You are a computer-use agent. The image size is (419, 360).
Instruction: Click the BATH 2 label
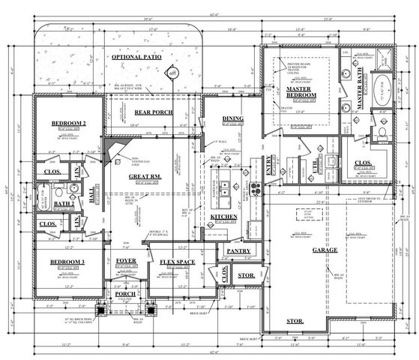click(63, 202)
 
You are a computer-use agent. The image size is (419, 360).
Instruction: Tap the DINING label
click(233, 119)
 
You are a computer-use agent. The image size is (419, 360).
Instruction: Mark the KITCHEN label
click(224, 217)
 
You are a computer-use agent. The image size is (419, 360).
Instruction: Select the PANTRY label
click(238, 250)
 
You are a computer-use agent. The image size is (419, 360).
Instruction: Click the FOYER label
click(127, 262)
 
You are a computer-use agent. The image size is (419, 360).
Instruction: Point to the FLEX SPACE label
click(176, 262)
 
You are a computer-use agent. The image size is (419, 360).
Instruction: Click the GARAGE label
click(325, 250)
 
